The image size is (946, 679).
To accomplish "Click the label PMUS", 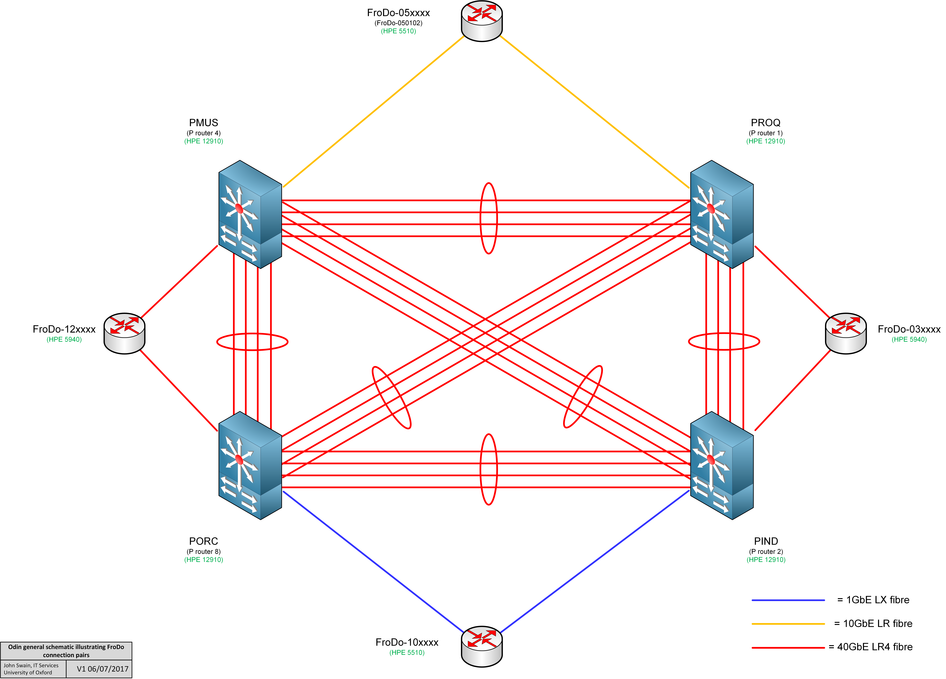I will point(204,123).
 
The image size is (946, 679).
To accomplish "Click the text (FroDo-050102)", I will point(398,23).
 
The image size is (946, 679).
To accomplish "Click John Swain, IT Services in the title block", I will point(31,666).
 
